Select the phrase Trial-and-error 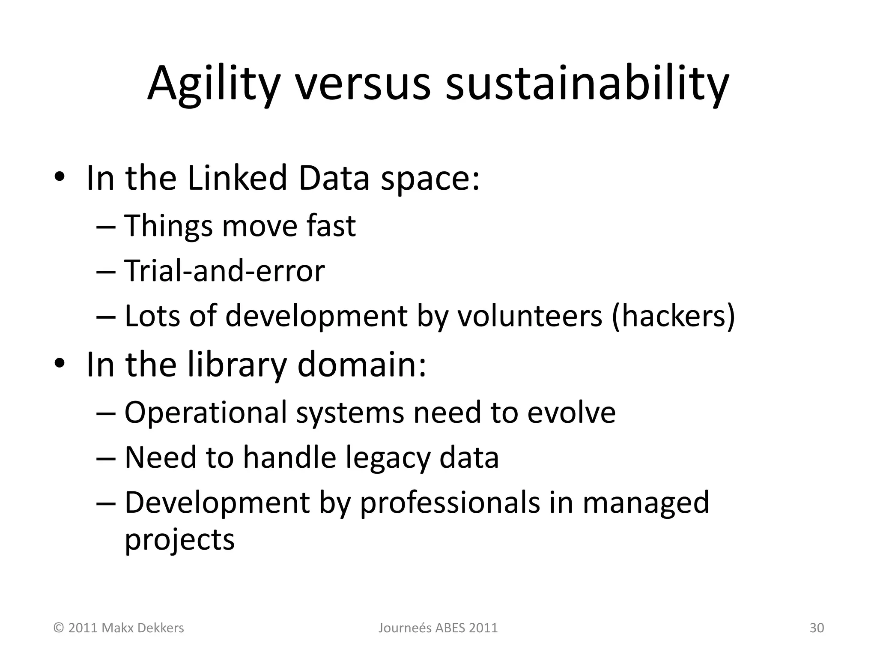tap(224, 271)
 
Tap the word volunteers tap(530, 316)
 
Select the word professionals tap(450, 502)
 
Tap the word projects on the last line tap(179, 539)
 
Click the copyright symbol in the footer tap(58, 628)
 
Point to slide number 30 tap(817, 628)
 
